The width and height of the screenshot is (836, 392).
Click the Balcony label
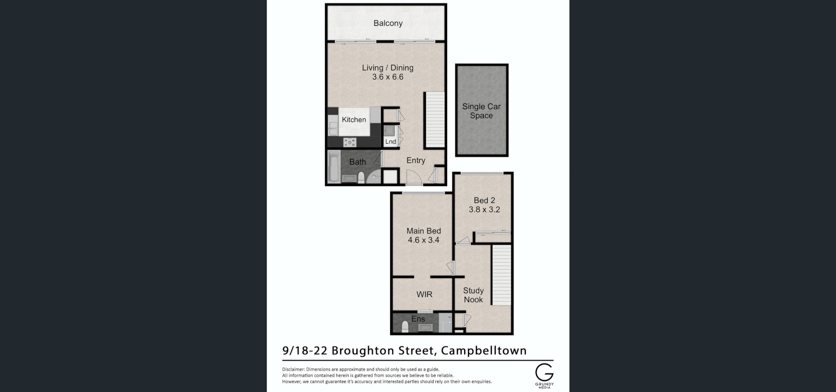click(388, 23)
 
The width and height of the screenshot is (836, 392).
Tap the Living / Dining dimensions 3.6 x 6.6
click(388, 77)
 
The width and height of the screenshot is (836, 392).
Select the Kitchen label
click(354, 120)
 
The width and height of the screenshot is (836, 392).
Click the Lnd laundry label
click(391, 141)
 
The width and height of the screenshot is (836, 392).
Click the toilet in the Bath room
click(361, 177)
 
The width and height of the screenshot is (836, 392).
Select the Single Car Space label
click(481, 111)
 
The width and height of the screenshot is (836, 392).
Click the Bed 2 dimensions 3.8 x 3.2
click(484, 210)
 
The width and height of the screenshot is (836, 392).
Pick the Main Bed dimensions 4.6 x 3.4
click(423, 240)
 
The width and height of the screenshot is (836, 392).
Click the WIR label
click(424, 295)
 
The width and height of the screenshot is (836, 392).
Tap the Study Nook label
click(473, 295)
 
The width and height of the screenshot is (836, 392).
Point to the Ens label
click(418, 319)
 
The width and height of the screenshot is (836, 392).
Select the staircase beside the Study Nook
click(502, 275)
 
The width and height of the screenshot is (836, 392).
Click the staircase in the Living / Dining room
click(435, 120)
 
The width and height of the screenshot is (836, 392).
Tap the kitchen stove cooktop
click(350, 142)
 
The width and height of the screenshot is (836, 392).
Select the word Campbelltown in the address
click(484, 351)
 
